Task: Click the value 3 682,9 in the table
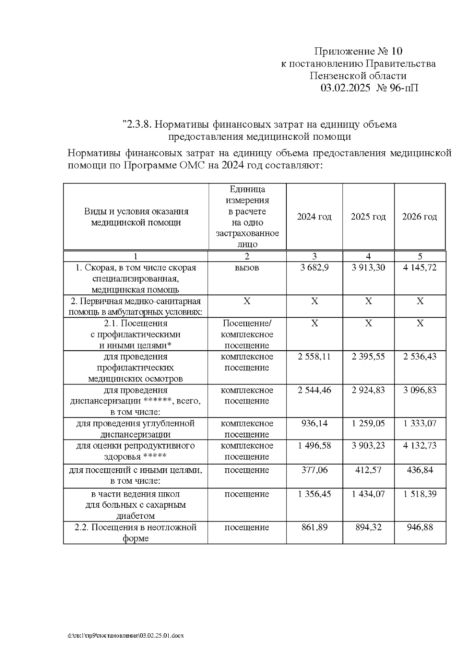(x=314, y=268)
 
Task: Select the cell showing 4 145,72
(x=420, y=268)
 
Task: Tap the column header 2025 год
(x=368, y=217)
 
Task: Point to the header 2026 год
(x=419, y=217)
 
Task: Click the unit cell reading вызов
(x=247, y=268)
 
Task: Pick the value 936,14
(x=314, y=423)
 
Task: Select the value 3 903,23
(x=368, y=446)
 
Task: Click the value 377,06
(x=314, y=470)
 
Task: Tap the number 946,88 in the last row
(x=420, y=527)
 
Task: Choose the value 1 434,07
(x=368, y=494)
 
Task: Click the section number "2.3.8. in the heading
(x=137, y=125)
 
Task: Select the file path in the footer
(x=126, y=636)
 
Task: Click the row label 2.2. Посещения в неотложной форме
(x=135, y=533)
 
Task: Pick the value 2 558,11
(x=314, y=357)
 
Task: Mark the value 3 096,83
(x=420, y=390)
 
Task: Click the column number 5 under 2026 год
(x=420, y=256)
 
